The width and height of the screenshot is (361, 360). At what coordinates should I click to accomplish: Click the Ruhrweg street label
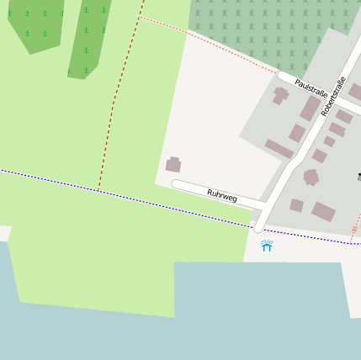pyautogui.click(x=222, y=196)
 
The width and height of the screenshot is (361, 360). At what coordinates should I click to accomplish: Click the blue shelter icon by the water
pyautogui.click(x=267, y=246)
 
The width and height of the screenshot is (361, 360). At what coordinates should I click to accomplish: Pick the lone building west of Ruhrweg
pyautogui.click(x=173, y=165)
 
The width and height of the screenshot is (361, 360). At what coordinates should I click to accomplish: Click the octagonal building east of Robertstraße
pyautogui.click(x=311, y=177)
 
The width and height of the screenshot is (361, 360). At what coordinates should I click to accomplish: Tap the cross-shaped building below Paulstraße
pyautogui.click(x=280, y=96)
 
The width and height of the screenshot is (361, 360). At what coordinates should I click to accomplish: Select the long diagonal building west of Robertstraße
pyautogui.click(x=279, y=149)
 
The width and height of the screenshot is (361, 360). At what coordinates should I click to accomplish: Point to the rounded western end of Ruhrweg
pyautogui.click(x=177, y=184)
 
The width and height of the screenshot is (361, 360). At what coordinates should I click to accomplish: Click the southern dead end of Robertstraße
pyautogui.click(x=258, y=227)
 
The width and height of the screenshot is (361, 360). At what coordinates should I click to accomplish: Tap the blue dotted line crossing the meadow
pyautogui.click(x=50, y=179)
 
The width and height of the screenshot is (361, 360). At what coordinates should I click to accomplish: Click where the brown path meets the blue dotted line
pyautogui.click(x=98, y=189)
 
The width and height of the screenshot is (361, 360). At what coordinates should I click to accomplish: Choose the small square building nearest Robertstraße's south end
pyautogui.click(x=296, y=204)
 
